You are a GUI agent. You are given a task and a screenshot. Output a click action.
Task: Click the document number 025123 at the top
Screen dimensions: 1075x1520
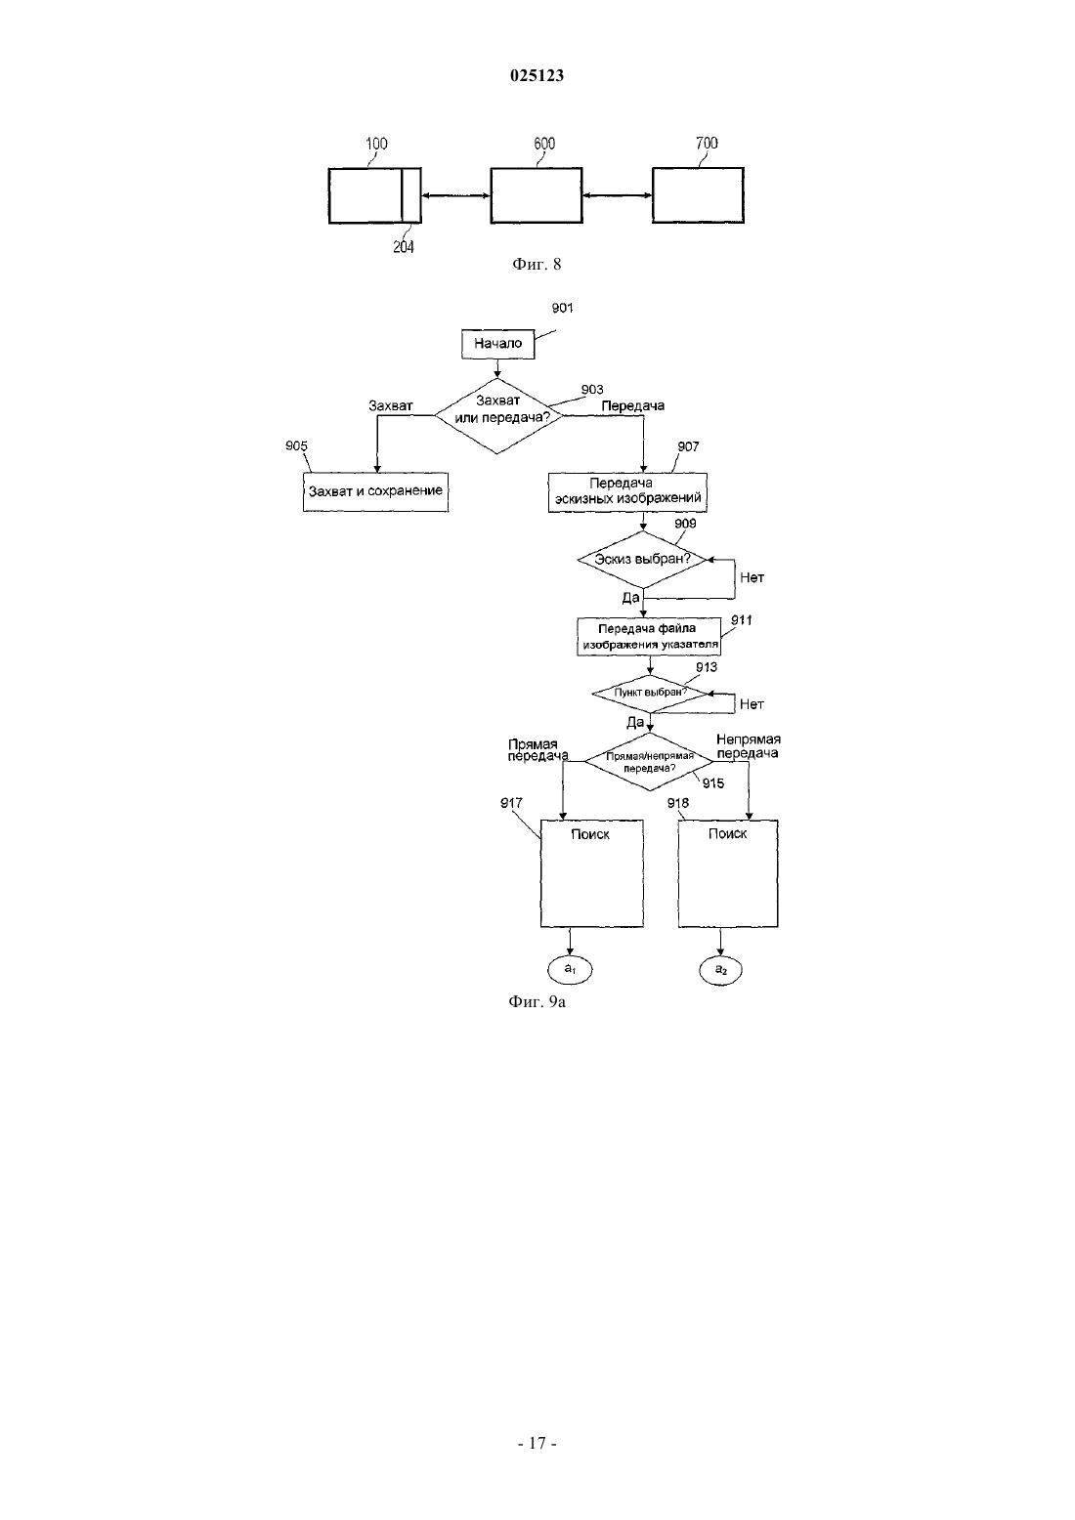(537, 75)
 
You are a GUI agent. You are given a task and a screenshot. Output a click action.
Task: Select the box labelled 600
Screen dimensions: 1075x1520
(537, 195)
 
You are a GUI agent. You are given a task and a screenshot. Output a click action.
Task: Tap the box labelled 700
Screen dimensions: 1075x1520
(698, 195)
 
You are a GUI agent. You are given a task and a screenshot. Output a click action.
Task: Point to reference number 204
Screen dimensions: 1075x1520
(403, 247)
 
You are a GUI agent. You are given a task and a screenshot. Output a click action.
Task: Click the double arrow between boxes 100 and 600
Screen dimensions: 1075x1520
(455, 196)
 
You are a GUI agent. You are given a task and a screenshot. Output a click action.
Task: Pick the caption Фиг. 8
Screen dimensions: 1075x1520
(537, 264)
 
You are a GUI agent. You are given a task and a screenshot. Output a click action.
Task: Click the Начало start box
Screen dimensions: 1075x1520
(497, 344)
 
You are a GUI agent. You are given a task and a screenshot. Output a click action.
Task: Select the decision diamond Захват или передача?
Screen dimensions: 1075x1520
(498, 416)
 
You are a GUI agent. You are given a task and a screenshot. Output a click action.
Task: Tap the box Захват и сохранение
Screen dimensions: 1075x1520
(375, 492)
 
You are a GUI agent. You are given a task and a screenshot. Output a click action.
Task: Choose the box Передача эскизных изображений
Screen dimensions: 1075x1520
(627, 492)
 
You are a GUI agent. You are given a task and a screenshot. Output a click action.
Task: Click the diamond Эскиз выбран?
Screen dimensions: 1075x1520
(642, 560)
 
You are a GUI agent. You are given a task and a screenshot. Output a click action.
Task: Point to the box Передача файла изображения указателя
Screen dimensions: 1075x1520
(649, 637)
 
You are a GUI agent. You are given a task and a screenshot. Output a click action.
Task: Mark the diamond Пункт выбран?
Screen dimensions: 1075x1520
(650, 694)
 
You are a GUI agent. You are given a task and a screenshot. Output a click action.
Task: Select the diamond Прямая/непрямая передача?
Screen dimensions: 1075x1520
(650, 762)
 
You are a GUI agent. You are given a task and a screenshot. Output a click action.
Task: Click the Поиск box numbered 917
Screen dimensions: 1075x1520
(592, 873)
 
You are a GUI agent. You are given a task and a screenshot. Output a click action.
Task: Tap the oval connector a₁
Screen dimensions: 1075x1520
(570, 970)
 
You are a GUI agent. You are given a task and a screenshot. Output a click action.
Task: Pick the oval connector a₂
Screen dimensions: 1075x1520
(721, 970)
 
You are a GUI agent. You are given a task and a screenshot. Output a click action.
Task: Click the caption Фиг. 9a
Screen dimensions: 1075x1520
(537, 1002)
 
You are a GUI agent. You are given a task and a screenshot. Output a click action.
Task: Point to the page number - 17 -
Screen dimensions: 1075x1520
(537, 1444)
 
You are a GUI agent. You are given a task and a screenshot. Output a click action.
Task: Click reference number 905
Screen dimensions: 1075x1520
(296, 445)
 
